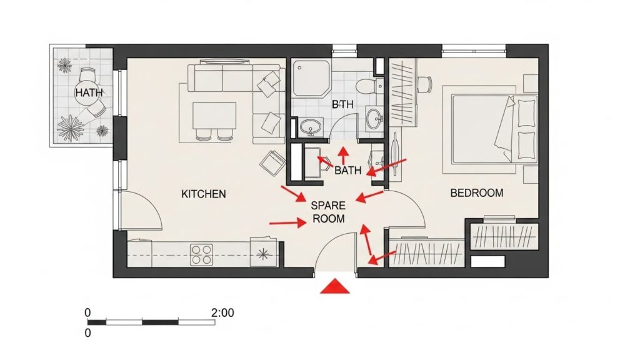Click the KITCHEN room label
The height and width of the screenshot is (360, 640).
click(x=203, y=194)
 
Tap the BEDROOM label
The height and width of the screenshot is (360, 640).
click(x=476, y=192)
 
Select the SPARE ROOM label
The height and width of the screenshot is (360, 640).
click(x=329, y=212)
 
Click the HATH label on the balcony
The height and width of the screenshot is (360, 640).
click(x=89, y=92)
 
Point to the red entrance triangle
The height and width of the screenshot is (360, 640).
click(x=335, y=286)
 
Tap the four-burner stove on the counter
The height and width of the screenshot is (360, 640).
click(x=202, y=254)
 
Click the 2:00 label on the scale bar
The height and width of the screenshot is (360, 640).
click(x=222, y=313)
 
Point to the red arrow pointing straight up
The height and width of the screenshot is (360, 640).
click(x=344, y=156)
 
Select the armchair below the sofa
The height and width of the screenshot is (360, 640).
click(x=272, y=162)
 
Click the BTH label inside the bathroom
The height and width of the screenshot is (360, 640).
click(x=342, y=104)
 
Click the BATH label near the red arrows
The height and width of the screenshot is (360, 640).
click(x=347, y=170)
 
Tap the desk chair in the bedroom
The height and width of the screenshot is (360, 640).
click(x=425, y=84)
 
